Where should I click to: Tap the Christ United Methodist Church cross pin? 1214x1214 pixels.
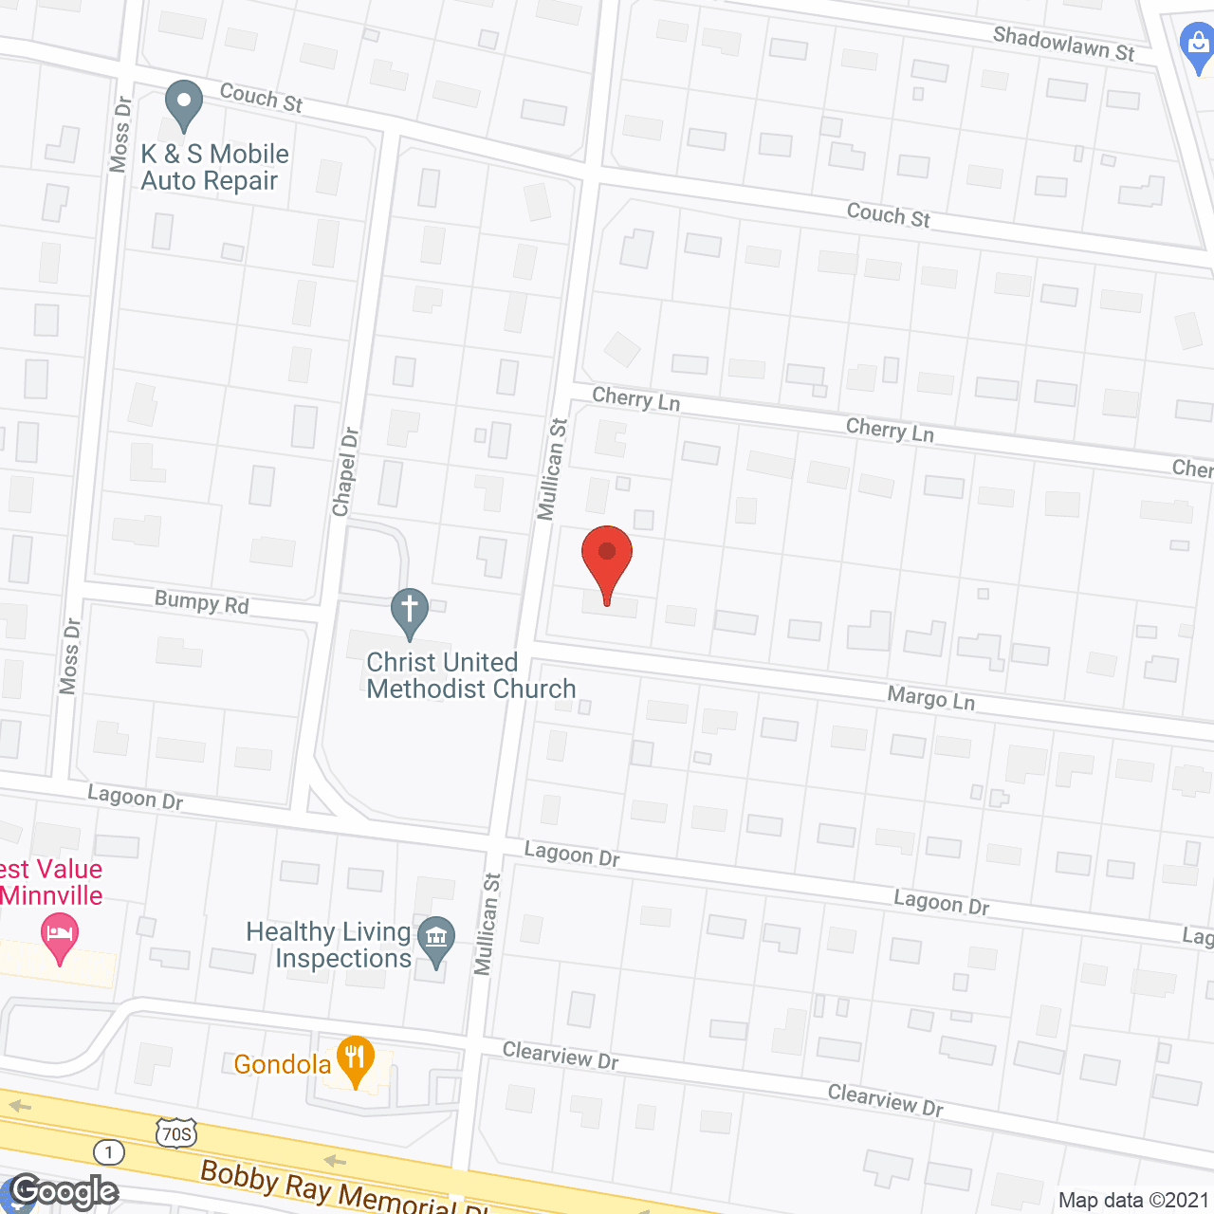point(410,612)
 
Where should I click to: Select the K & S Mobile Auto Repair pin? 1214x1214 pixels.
point(184,104)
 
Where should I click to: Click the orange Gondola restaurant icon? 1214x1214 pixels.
point(356,1061)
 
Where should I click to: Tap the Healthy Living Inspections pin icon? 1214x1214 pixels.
point(436,941)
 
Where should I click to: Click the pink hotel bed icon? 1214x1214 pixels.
point(60,935)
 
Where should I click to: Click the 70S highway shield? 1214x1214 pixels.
point(176,1133)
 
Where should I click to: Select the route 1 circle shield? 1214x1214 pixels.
point(109,1152)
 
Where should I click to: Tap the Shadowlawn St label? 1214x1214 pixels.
point(1063,44)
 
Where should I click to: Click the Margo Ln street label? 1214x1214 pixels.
point(930,699)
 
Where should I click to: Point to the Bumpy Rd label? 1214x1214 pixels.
point(201,602)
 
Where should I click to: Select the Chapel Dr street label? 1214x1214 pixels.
point(345,471)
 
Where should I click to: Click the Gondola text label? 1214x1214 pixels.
point(282,1064)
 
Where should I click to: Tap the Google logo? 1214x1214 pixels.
point(64,1191)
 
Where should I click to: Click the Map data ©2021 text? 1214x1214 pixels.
point(1133,1200)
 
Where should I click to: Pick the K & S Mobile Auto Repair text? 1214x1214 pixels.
point(214,167)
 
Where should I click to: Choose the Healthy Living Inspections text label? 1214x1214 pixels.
point(328,945)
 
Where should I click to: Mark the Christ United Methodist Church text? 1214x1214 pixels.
point(471,675)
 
